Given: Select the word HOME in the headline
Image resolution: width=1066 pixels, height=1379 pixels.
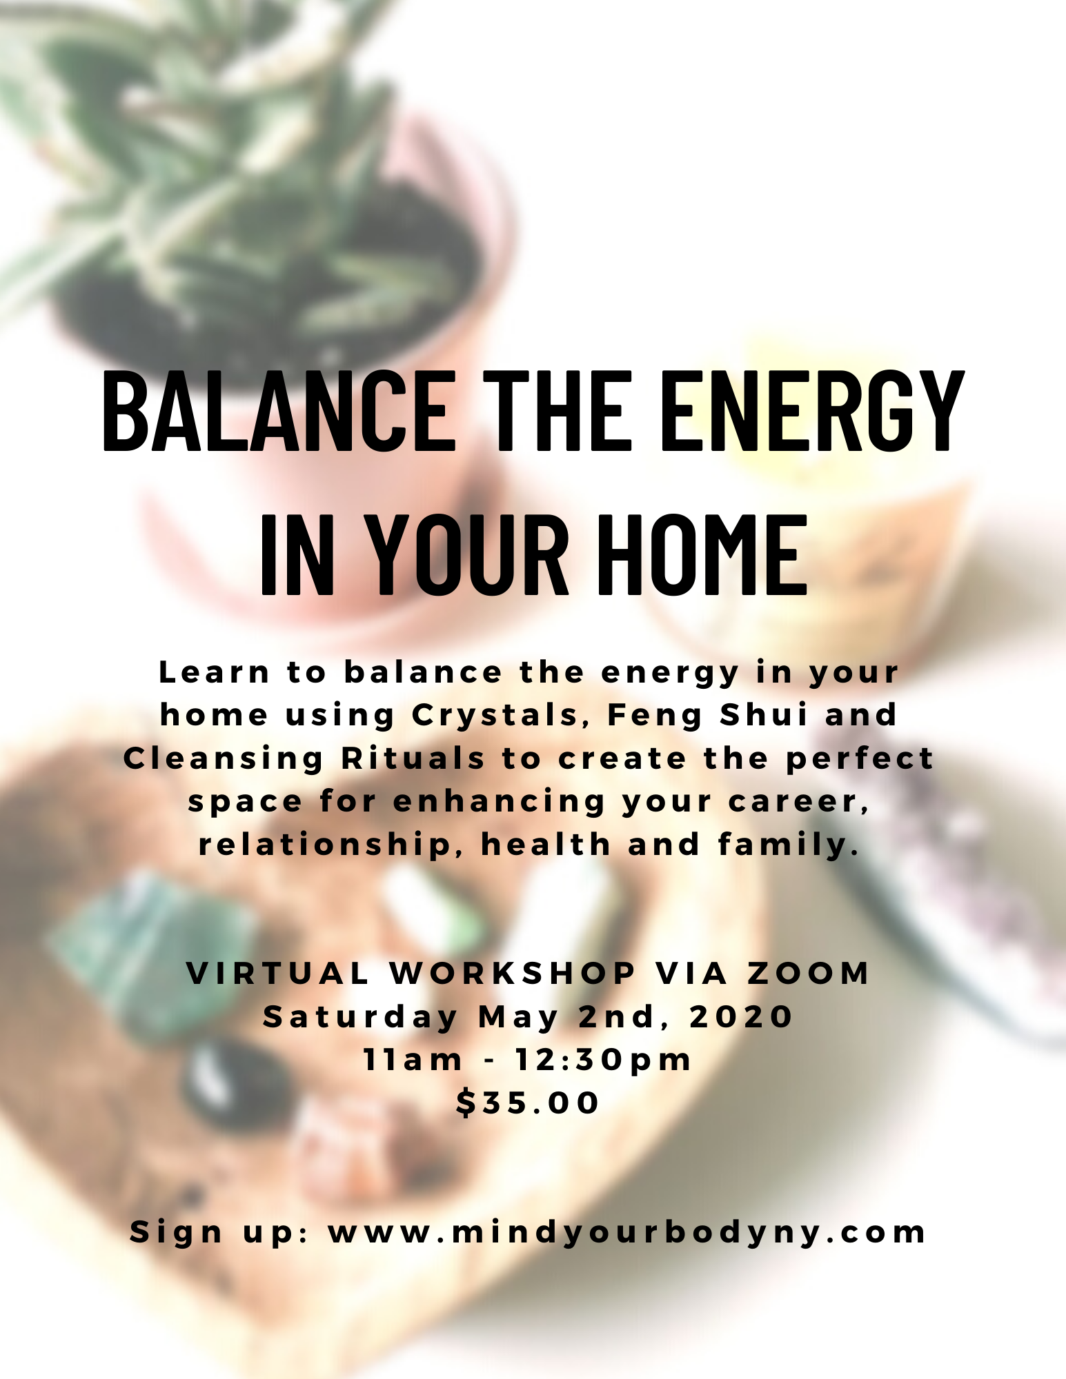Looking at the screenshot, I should click(x=702, y=554).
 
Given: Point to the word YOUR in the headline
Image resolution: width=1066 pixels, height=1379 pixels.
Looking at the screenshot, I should click(x=466, y=554).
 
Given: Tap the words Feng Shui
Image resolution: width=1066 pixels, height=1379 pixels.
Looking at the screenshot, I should click(x=707, y=715).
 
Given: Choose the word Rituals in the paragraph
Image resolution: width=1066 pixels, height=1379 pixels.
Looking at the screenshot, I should click(x=413, y=758).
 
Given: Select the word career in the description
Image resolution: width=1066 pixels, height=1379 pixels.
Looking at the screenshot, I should click(x=798, y=801).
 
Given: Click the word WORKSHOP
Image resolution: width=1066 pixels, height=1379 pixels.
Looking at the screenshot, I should click(x=513, y=974).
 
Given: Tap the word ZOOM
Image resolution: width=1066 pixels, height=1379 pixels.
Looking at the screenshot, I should click(x=809, y=974).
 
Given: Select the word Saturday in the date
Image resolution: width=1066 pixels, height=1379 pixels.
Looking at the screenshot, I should click(x=362, y=1017).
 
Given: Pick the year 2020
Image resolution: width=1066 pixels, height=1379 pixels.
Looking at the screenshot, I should click(x=741, y=1016).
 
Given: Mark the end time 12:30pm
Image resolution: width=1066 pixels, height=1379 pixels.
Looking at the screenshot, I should click(x=603, y=1060).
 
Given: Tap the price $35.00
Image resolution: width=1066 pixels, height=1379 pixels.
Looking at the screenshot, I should click(x=528, y=1103).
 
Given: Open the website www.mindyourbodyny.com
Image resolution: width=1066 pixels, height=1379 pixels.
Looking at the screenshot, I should click(x=626, y=1233).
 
